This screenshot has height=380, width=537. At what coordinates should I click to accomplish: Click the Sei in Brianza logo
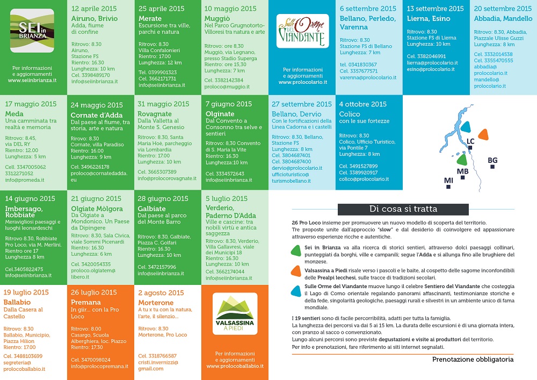click(32, 30)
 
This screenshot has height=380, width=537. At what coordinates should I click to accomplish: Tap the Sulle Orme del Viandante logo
click(301, 31)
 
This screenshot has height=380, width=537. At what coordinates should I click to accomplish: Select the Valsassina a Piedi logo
click(235, 314)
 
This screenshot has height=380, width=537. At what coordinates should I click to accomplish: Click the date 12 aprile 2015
click(94, 9)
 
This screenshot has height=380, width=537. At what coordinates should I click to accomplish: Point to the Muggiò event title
click(217, 18)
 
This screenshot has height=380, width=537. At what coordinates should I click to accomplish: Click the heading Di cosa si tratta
click(403, 209)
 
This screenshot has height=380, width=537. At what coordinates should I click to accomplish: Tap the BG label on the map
click(492, 160)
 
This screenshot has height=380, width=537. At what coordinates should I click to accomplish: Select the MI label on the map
click(448, 180)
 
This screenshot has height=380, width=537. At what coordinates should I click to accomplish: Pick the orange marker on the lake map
click(484, 134)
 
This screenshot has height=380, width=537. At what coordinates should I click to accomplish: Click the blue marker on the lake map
click(466, 127)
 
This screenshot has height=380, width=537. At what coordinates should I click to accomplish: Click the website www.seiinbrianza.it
click(33, 81)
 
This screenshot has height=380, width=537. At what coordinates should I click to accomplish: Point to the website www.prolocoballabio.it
click(235, 366)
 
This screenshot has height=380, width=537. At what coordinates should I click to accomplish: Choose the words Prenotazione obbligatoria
click(473, 360)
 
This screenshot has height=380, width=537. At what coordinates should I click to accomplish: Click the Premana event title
click(86, 303)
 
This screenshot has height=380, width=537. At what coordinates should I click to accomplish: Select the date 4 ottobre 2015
click(363, 104)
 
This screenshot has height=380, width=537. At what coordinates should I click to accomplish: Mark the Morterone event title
click(156, 303)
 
